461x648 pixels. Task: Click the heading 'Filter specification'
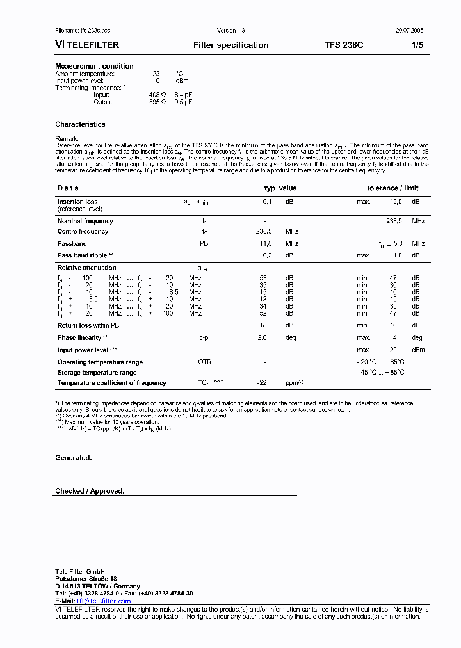[230, 45]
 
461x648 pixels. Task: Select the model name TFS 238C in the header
[344, 45]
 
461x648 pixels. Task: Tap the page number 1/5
[416, 45]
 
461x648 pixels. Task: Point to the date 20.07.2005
[408, 31]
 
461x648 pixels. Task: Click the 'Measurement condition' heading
[94, 66]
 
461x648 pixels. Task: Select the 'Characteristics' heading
[80, 124]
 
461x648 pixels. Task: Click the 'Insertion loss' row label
[77, 202]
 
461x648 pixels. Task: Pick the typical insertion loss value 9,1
[267, 202]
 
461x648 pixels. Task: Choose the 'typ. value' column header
[280, 188]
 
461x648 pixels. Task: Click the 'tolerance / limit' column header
[392, 188]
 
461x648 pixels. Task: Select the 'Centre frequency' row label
[83, 232]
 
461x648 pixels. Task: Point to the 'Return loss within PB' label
[88, 326]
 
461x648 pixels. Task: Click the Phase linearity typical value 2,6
[262, 338]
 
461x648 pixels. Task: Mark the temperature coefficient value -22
[261, 383]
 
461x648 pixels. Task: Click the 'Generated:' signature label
[74, 458]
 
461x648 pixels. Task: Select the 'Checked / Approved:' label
[90, 491]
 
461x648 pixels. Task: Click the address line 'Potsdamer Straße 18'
[85, 579]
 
